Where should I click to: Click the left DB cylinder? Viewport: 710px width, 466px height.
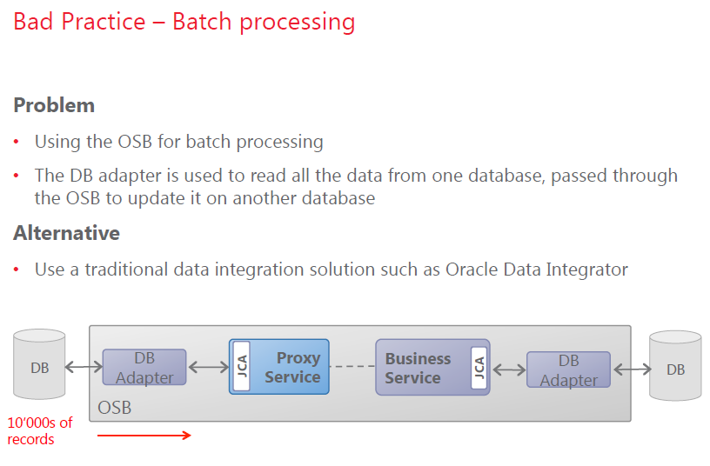40,367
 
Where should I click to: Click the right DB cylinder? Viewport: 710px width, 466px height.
675,369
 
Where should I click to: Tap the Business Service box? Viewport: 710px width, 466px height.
421,368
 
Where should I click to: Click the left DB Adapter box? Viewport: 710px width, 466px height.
144,368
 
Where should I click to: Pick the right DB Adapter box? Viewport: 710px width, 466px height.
568,369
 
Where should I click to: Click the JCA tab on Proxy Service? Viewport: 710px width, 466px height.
243,367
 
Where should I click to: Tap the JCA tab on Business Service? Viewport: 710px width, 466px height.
477,368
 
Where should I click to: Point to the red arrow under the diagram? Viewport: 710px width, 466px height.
144,436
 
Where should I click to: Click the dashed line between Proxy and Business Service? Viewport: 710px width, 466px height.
352,367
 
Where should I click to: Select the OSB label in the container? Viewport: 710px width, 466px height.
115,407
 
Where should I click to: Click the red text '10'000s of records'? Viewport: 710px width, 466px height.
40,431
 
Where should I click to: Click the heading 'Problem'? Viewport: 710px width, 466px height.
54,106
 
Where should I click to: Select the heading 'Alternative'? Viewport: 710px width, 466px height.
66,233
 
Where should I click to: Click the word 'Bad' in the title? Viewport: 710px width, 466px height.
33,21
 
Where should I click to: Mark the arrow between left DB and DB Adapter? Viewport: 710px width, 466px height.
84,367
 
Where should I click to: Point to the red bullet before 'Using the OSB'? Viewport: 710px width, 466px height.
17,143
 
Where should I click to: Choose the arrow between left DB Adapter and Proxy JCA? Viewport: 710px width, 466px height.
209,367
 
